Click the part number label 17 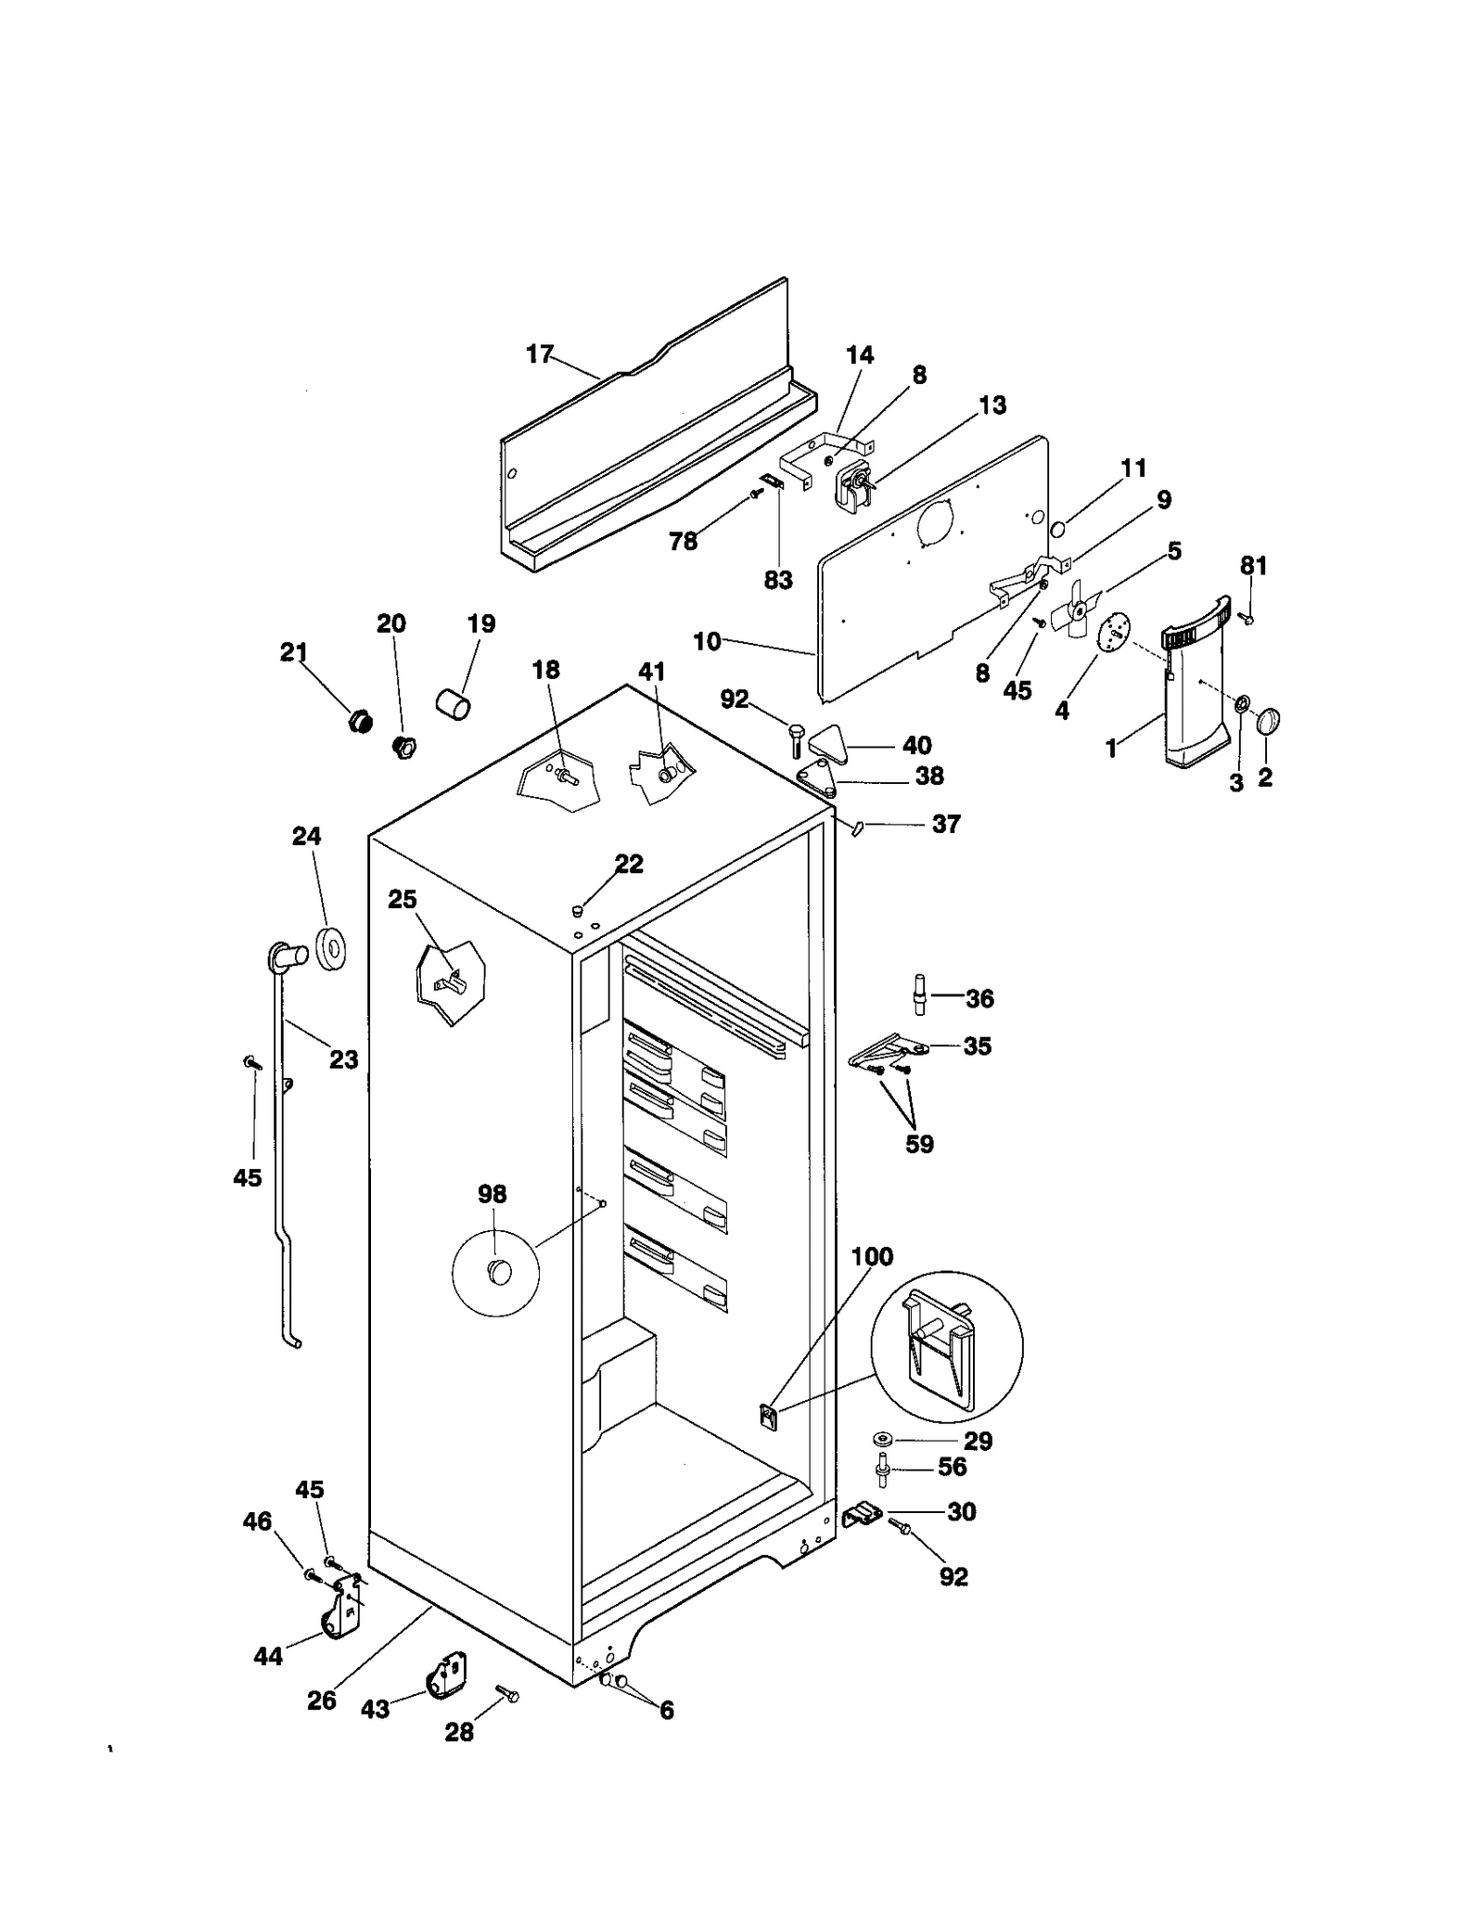(x=539, y=354)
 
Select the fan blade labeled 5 (x=1076, y=610)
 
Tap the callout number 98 (x=492, y=1194)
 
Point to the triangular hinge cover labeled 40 (x=830, y=743)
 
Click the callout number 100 (x=871, y=1257)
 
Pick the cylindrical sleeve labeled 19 (x=453, y=703)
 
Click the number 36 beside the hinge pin (x=979, y=998)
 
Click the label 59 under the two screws (x=919, y=1144)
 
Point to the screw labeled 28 (x=508, y=1694)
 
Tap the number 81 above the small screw (x=1253, y=565)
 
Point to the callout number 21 (x=293, y=652)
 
